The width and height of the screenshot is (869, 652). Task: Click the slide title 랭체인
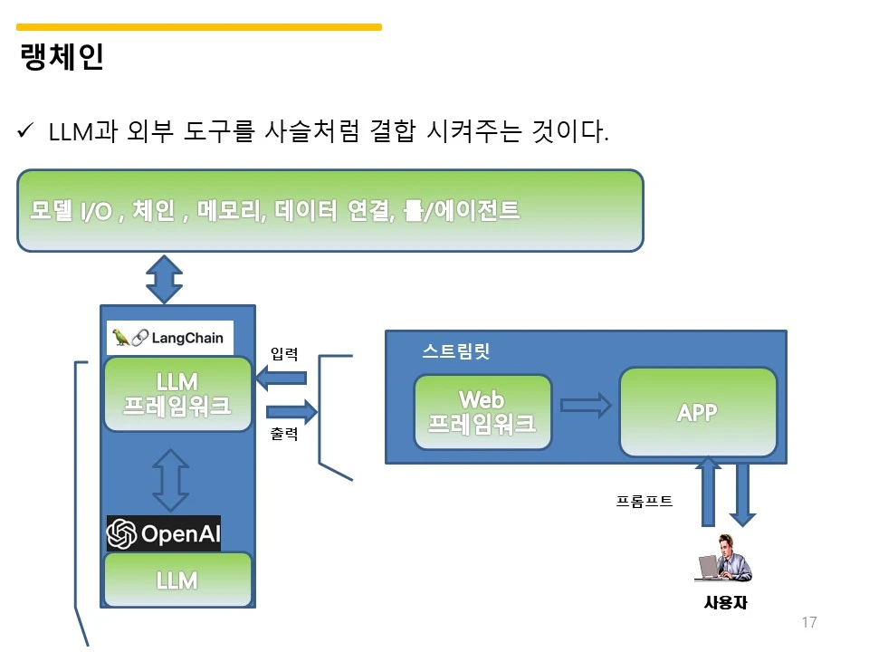[62, 56]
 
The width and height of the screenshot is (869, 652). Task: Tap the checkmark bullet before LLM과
[25, 130]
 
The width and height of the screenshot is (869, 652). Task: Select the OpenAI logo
[164, 533]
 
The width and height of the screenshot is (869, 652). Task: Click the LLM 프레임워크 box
[177, 394]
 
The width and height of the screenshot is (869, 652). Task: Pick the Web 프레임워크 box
[482, 412]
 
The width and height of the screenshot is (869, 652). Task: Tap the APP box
[698, 412]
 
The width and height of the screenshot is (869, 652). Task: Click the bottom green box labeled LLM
[177, 580]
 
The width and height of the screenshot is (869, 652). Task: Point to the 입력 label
[283, 354]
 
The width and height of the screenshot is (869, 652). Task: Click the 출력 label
[283, 433]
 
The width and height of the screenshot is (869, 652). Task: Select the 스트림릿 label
[456, 351]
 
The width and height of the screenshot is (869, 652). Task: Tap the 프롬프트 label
[644, 501]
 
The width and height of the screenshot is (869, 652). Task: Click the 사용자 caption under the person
[725, 602]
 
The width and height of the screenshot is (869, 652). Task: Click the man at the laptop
[723, 559]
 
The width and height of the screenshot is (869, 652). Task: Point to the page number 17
[809, 622]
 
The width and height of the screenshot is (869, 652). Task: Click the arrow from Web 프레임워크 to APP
[586, 406]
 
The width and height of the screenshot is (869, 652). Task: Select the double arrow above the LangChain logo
[165, 280]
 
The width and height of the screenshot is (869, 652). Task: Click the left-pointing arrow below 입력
[281, 379]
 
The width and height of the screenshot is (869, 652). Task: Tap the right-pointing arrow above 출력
[292, 411]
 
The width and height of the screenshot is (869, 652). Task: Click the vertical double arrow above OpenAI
[171, 480]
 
